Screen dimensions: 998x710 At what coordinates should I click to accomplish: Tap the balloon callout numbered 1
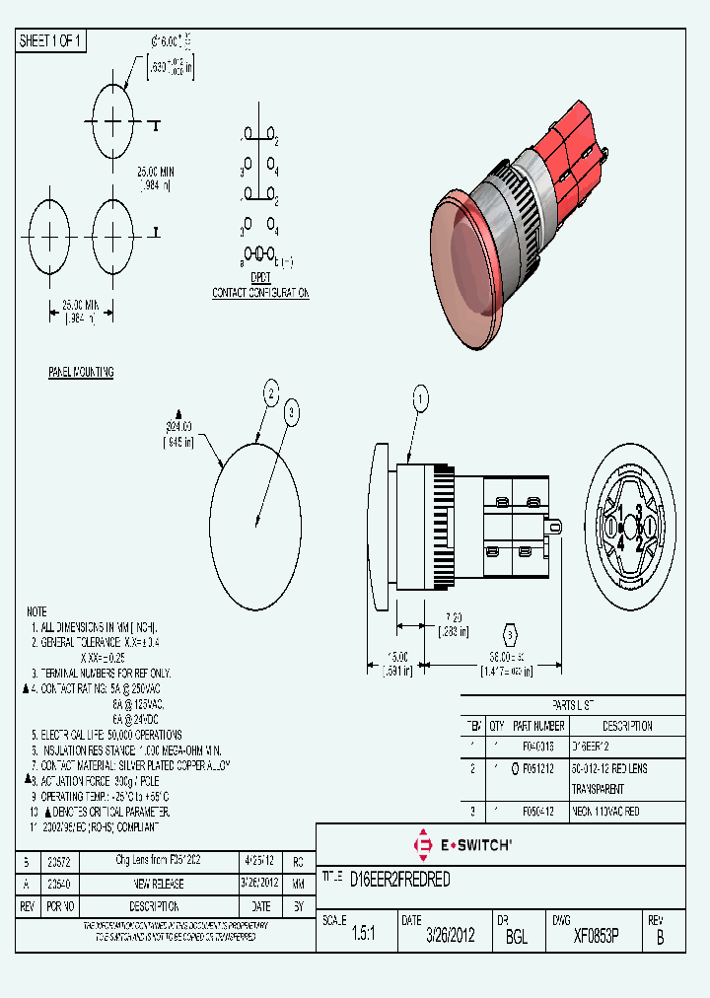pos(420,399)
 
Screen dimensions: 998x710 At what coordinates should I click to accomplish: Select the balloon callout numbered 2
pos(271,394)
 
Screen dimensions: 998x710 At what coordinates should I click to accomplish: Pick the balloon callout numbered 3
pos(291,413)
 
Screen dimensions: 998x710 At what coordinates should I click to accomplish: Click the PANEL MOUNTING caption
pos(81,372)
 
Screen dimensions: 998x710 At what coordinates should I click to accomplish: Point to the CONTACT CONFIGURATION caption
pos(260,293)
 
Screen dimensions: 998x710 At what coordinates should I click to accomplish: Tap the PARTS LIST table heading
pos(572,705)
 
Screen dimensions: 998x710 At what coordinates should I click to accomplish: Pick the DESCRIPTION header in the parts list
pos(627,726)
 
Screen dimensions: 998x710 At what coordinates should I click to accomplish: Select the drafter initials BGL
pos(516,936)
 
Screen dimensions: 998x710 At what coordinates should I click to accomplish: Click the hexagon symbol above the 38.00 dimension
pos(510,633)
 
